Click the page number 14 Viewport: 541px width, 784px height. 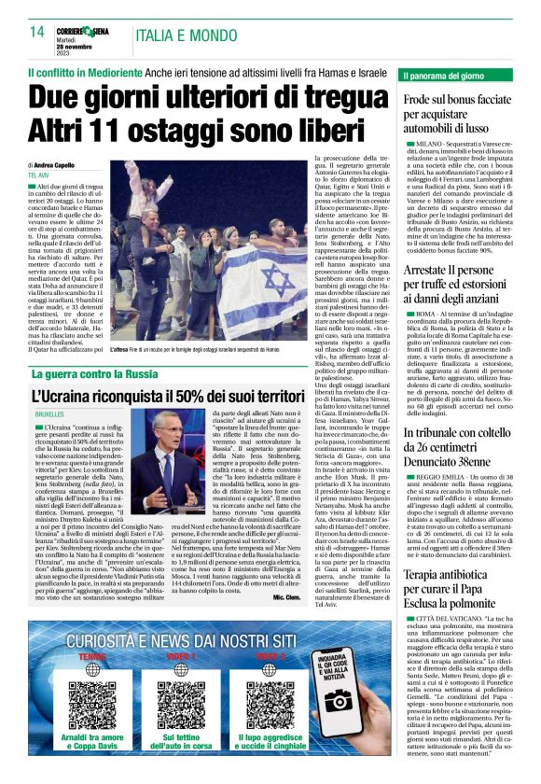(36, 32)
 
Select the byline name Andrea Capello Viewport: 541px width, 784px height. (64, 164)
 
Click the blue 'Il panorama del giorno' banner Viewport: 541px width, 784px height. (457, 74)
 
